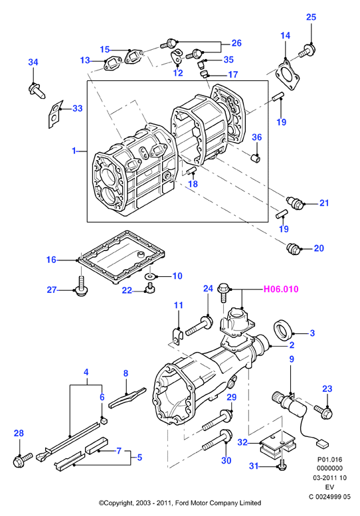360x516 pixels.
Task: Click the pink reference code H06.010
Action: tap(281, 290)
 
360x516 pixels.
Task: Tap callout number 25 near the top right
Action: tap(311, 17)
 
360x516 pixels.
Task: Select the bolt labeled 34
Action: tap(36, 91)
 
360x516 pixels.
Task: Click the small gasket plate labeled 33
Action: tap(54, 114)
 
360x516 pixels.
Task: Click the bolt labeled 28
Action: tap(23, 460)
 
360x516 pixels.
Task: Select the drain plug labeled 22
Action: tap(151, 288)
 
